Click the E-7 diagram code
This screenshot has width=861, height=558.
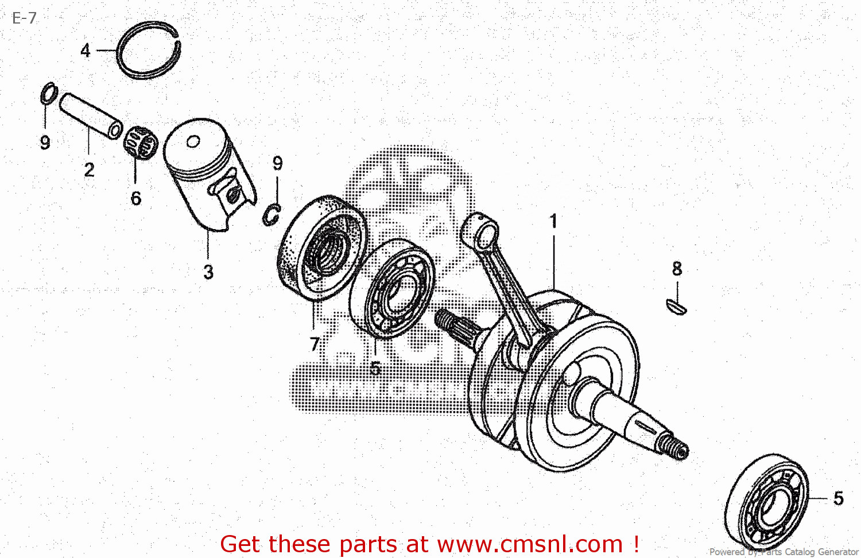[x=24, y=18]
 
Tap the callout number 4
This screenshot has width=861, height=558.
[x=86, y=51]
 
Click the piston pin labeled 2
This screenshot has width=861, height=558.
[x=92, y=115]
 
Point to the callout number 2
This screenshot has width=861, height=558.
[x=89, y=170]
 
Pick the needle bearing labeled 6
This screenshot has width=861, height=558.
[x=140, y=142]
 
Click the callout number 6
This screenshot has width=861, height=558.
[x=135, y=198]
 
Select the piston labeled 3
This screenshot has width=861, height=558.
[x=207, y=172]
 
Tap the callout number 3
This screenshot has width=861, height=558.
[x=208, y=272]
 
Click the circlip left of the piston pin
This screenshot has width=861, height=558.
[x=48, y=94]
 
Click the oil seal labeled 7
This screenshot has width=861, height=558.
[x=321, y=247]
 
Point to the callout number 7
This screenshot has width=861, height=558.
[x=314, y=344]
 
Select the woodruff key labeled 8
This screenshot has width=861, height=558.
[x=676, y=307]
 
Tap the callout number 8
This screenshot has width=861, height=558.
[x=677, y=269]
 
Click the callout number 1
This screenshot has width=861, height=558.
[x=553, y=221]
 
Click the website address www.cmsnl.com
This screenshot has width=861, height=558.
[x=530, y=544]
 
